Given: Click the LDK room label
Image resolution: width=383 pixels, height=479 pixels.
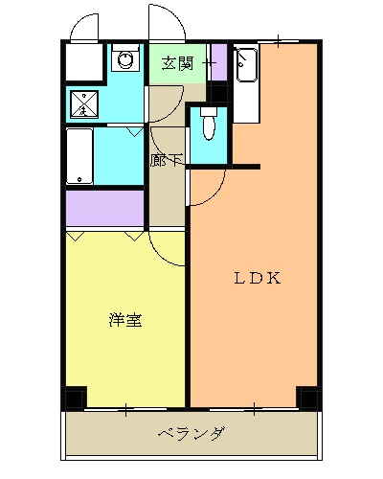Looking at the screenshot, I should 258,279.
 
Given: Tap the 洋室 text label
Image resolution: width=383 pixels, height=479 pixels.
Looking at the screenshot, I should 125,320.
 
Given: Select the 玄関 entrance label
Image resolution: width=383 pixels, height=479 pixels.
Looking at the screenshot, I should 177,64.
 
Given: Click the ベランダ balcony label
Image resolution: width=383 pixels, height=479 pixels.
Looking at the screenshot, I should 191,434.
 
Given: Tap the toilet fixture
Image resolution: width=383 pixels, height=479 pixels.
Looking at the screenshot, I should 209,124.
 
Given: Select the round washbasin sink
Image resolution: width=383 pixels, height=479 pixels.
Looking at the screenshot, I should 124,61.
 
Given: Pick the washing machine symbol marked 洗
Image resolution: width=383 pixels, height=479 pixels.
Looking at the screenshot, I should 83,103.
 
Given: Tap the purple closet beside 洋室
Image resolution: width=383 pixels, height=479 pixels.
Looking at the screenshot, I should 104,207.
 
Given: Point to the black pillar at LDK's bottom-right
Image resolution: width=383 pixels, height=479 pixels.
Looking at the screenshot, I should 308,397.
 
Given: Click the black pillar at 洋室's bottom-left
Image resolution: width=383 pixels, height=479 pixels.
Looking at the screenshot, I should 75,397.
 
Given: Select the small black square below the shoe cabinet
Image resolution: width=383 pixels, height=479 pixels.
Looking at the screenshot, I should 218,94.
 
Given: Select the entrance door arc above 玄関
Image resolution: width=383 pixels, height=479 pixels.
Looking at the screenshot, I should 165,21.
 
